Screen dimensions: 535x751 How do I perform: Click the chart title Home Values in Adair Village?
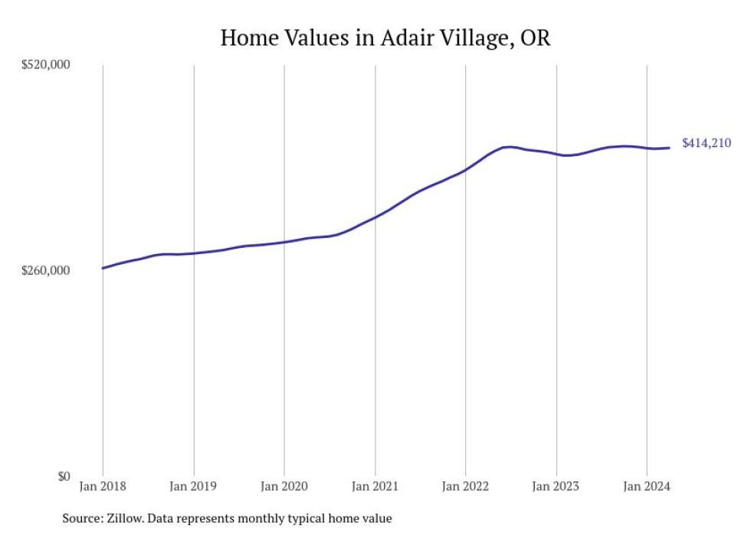pyautogui.click(x=385, y=38)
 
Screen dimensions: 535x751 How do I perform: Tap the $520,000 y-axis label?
pyautogui.click(x=45, y=65)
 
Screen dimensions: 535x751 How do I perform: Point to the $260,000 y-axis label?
pyautogui.click(x=45, y=271)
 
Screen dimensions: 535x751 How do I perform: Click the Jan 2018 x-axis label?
pyautogui.click(x=103, y=486)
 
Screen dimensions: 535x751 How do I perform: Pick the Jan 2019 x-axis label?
pyautogui.click(x=194, y=486)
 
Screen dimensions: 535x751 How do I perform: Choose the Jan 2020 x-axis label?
pyautogui.click(x=284, y=486)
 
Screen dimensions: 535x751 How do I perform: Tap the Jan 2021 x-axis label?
pyautogui.click(x=375, y=486)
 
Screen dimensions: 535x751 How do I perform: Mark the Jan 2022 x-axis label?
pyautogui.click(x=465, y=486)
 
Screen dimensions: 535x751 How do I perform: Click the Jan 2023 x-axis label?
pyautogui.click(x=556, y=486)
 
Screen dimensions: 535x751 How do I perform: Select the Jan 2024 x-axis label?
pyautogui.click(x=647, y=486)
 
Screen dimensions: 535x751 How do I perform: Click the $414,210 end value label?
pyautogui.click(x=707, y=143)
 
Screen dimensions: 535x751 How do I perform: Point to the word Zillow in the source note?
pyautogui.click(x=120, y=519)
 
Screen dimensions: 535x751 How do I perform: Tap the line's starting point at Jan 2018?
pyautogui.click(x=103, y=268)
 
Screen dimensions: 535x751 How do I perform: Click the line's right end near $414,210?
pyautogui.click(x=671, y=148)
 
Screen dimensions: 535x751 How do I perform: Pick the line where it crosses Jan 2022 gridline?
pyautogui.click(x=466, y=169)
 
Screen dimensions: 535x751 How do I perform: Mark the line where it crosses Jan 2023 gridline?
pyautogui.click(x=556, y=154)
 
